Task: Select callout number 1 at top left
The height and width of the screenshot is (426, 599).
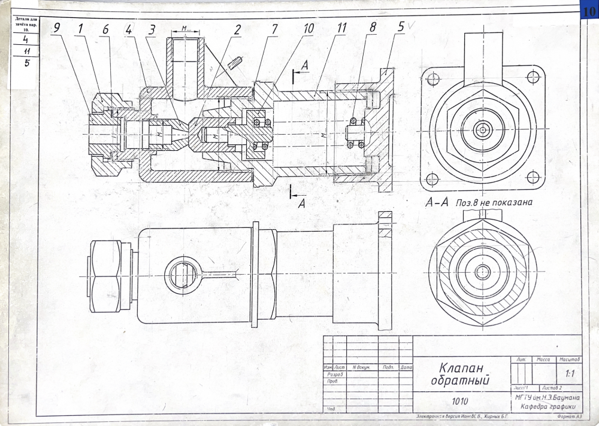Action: point(80,28)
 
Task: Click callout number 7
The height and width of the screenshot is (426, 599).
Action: point(274,28)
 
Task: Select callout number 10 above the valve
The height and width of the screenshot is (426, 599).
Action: point(308,28)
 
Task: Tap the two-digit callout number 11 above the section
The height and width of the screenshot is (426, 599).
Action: point(342,28)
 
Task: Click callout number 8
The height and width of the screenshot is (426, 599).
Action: point(373,28)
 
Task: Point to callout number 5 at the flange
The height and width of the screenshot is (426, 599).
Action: point(401,28)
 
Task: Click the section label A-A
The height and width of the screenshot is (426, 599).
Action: point(437,203)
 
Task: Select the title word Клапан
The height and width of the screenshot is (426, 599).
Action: point(461,367)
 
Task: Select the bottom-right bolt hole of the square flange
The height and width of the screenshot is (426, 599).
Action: point(533,177)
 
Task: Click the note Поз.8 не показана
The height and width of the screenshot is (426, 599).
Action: point(494,202)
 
